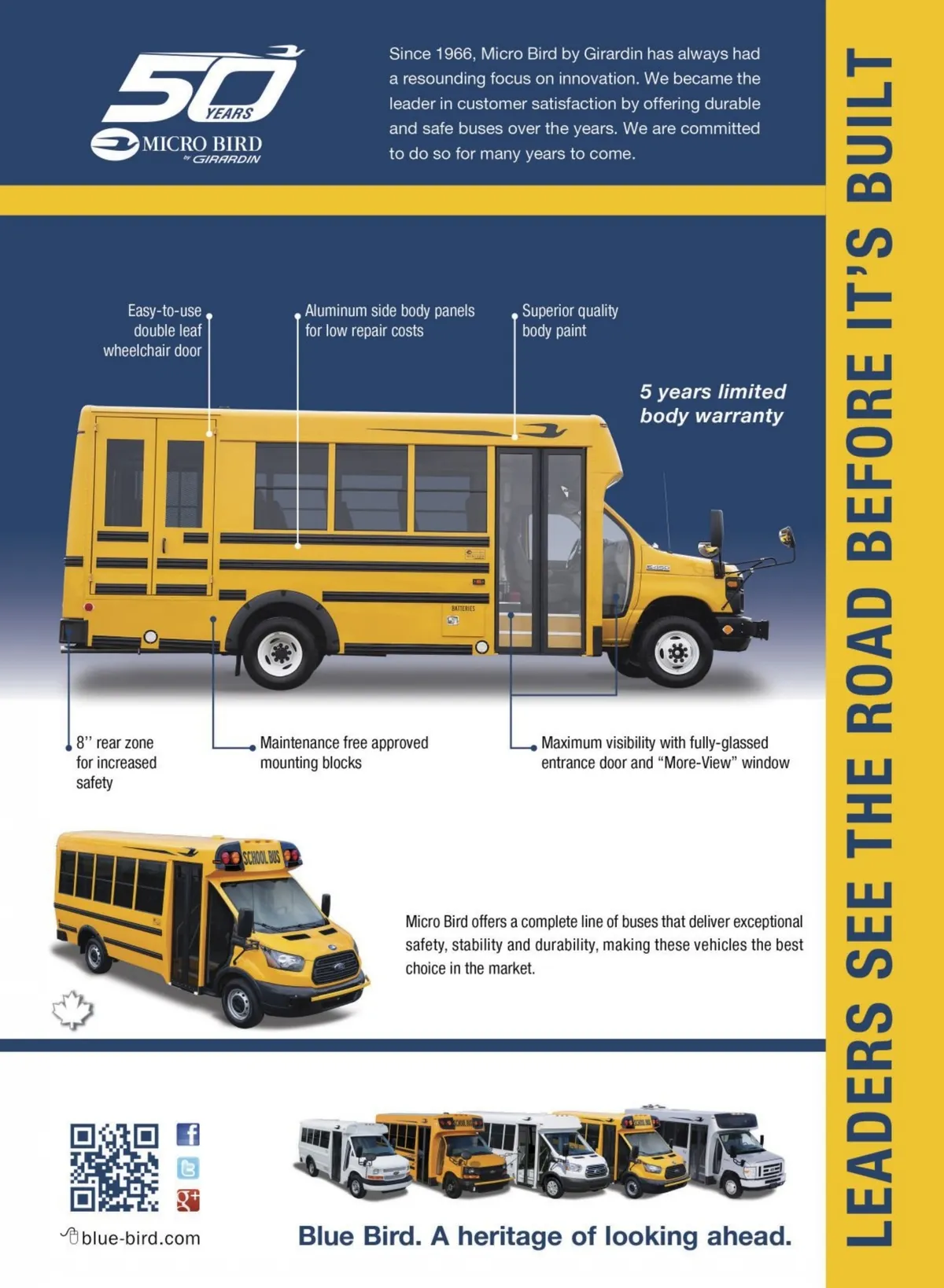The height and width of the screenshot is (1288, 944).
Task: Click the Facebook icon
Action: [187, 1134]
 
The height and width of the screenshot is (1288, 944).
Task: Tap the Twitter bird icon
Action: [187, 1168]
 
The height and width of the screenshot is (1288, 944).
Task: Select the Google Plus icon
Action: [187, 1201]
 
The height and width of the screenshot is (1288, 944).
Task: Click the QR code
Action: [114, 1167]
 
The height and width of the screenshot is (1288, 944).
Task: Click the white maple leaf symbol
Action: [72, 1010]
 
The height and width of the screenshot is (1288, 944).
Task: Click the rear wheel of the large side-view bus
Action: [280, 653]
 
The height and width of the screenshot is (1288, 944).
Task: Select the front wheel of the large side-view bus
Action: [675, 652]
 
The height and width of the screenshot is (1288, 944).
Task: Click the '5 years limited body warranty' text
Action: [712, 403]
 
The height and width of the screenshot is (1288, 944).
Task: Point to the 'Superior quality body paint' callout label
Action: [570, 321]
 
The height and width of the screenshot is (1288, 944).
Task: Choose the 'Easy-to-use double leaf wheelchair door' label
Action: [154, 330]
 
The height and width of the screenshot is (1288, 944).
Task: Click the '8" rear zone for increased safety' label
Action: [116, 762]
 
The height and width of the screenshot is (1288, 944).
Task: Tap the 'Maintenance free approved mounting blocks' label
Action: [344, 753]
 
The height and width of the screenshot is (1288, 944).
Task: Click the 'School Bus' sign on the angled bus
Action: [261, 857]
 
